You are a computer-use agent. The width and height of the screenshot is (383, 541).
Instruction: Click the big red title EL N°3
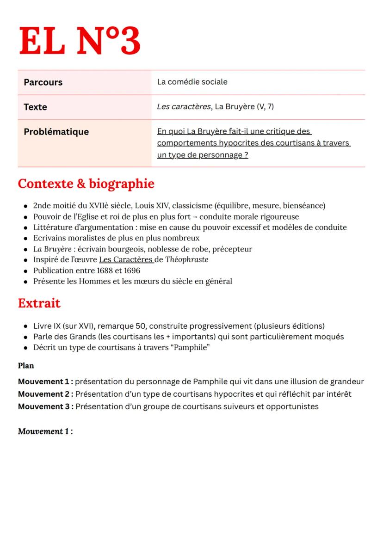pos(79,42)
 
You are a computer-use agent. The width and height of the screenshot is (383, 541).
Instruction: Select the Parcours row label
pos(43,82)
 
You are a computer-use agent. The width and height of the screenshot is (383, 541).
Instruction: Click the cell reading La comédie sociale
pos(192,82)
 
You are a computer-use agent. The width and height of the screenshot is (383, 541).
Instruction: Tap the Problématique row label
pos(56,132)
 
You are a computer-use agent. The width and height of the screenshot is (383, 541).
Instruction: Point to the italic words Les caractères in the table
pos(184,107)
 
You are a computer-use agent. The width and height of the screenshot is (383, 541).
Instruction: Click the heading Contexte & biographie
pos(86,184)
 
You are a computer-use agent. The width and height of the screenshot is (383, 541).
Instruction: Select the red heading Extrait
pos(39,304)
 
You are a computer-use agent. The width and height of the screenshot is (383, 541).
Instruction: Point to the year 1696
pos(131,270)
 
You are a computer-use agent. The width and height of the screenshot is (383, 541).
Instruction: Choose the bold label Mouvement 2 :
pos(45,394)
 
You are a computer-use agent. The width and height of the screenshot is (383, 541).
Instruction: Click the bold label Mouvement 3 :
pos(45,407)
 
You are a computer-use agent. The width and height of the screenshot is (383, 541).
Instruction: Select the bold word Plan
pos(26,366)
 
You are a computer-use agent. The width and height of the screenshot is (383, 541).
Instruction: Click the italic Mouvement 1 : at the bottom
pos(45,431)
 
